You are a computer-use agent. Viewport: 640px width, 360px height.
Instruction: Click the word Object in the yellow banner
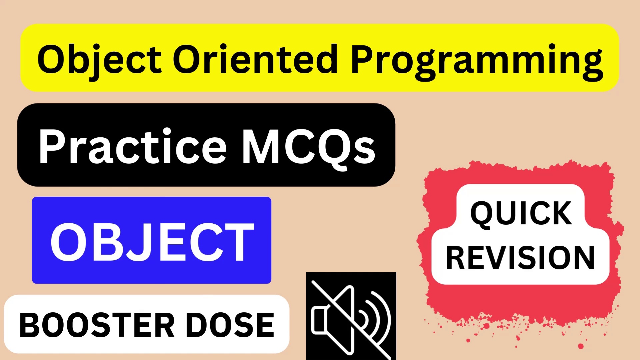[x=99, y=60]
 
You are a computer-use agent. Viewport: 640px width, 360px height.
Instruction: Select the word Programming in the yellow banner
[x=477, y=62]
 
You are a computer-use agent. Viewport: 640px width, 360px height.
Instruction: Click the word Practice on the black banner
[x=132, y=147]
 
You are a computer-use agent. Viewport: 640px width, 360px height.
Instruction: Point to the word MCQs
[x=308, y=147]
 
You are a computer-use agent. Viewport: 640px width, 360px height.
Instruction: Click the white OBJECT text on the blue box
[x=152, y=242]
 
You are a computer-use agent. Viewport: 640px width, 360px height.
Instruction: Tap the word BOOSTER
[x=97, y=325]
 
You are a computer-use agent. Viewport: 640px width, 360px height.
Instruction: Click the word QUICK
[x=521, y=213]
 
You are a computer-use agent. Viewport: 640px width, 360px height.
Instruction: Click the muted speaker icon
[x=351, y=316]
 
